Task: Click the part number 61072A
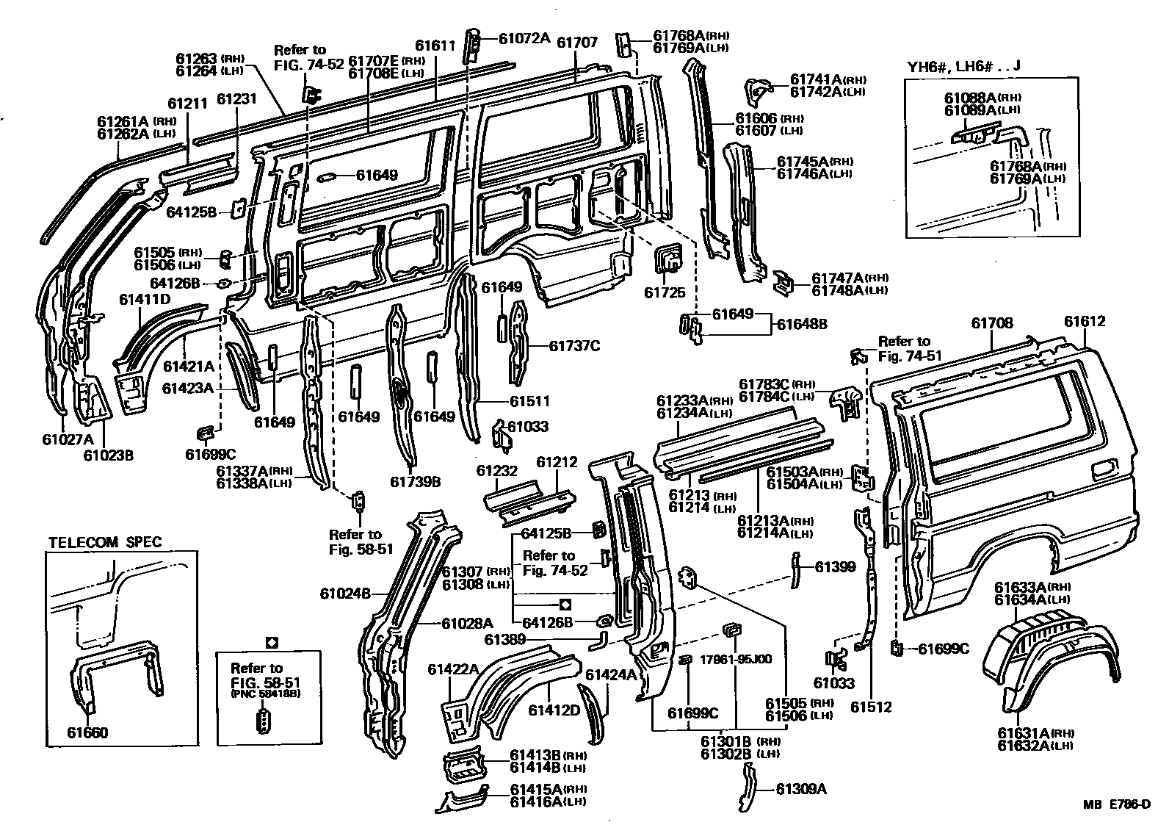[524, 38]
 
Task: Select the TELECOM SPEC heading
[105, 543]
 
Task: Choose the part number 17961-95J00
[736, 659]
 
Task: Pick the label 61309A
[802, 789]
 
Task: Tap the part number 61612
[1085, 322]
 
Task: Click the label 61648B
[802, 322]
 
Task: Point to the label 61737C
[574, 346]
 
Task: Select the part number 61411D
[145, 300]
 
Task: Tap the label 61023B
[108, 455]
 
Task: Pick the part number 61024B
[344, 593]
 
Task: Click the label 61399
[836, 566]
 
